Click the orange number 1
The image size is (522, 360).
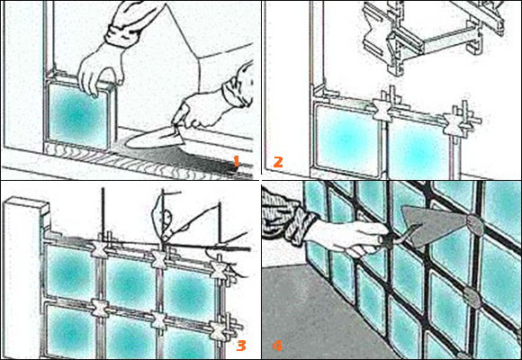point(237,161)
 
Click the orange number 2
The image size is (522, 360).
point(278,162)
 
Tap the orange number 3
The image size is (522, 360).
point(240,345)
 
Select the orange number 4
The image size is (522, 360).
point(276,345)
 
